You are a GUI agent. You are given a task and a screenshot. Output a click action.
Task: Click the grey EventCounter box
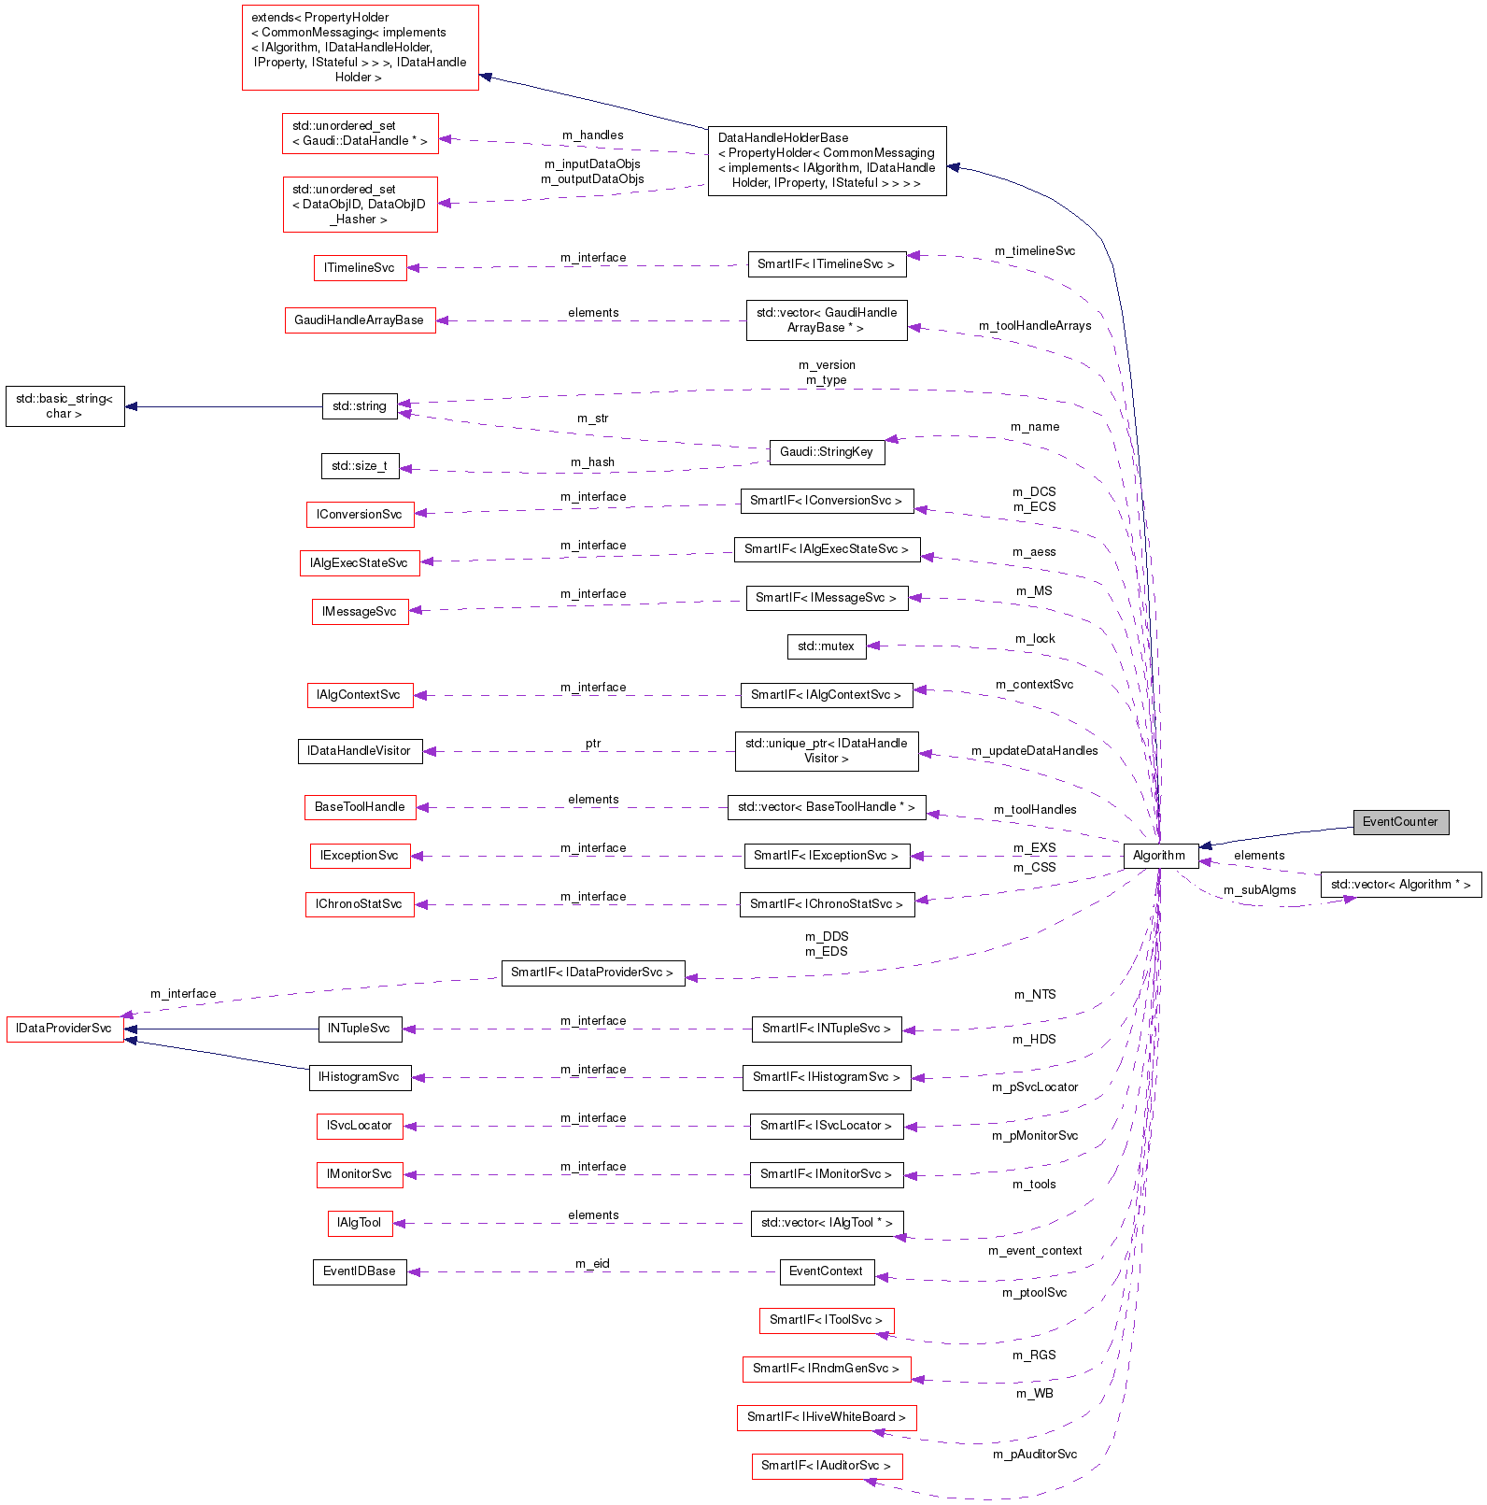coord(1400,822)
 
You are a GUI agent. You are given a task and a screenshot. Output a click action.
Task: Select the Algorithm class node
coord(1159,856)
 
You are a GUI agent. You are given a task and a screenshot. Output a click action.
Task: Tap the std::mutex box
coord(826,646)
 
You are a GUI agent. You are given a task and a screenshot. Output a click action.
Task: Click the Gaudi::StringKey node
coord(826,452)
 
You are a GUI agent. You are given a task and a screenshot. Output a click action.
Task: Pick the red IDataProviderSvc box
coord(64,1029)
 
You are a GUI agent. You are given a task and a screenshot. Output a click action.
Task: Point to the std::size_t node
coord(360,466)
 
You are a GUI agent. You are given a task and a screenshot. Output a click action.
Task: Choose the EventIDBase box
coord(360,1271)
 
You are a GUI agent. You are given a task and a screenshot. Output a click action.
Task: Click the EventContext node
coord(826,1271)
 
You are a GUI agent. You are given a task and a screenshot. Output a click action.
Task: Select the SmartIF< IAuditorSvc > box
coord(826,1466)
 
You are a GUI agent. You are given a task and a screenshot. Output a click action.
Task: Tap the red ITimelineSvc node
coord(360,268)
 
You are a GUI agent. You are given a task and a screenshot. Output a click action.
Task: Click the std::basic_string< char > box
coord(64,406)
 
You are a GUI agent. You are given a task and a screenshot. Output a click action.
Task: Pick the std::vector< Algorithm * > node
coord(1400,885)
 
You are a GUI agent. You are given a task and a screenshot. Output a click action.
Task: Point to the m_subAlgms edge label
coord(1259,890)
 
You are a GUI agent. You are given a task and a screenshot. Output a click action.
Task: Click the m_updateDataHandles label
coord(1034,751)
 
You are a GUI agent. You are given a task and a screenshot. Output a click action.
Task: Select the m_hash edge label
coord(592,462)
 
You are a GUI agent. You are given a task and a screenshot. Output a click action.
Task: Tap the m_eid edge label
coord(592,1264)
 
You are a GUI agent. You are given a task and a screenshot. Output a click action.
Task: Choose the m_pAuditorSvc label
coord(1034,1455)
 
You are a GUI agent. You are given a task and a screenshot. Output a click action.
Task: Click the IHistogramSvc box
coord(360,1077)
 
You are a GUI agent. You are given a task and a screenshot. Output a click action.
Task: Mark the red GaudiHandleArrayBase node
coord(360,320)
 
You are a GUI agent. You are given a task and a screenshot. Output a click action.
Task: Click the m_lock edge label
coord(1035,639)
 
